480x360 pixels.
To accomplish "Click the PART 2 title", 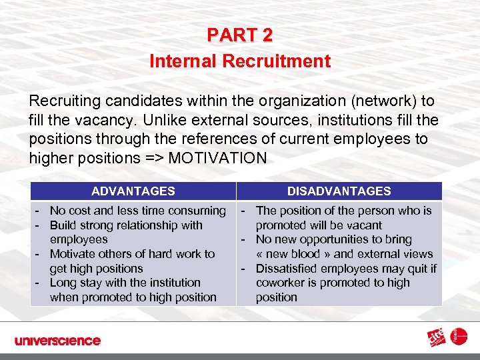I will point(240,35).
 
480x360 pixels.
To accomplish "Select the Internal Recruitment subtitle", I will point(240,61).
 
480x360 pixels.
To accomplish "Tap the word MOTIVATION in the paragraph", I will point(219,159).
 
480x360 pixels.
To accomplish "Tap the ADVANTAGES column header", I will point(133,191).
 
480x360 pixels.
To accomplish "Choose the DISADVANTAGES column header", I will point(339,191).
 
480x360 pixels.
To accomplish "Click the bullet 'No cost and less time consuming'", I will point(137,211).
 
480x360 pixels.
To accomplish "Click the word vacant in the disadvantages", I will point(365,225).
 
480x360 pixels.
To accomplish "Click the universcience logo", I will point(58,341).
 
